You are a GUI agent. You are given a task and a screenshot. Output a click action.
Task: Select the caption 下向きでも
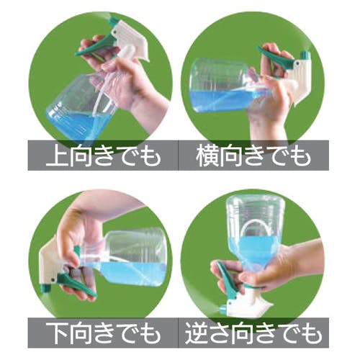pyautogui.click(x=104, y=333)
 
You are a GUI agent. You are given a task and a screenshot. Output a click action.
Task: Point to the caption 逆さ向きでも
pyautogui.click(x=253, y=333)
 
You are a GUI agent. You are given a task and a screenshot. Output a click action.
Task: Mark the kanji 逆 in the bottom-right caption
pyautogui.click(x=197, y=333)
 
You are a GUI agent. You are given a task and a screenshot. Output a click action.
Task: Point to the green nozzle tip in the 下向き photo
pyautogui.click(x=45, y=289)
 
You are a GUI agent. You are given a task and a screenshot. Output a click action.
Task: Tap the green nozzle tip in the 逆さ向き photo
pyautogui.click(x=222, y=308)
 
